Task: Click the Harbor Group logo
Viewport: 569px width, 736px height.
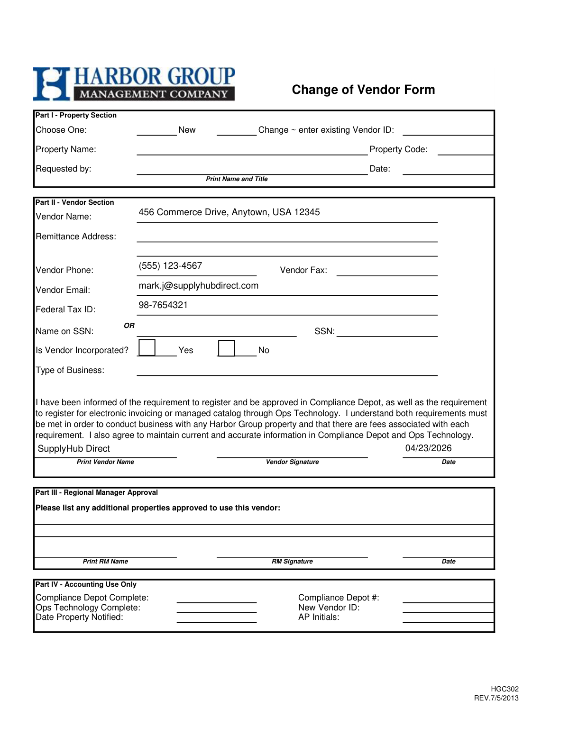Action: [134, 84]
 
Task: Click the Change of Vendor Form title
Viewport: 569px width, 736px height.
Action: [363, 90]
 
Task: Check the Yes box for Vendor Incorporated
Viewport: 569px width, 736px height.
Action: [147, 348]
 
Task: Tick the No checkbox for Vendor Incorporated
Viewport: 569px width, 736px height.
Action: [226, 348]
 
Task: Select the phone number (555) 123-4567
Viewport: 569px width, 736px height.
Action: [170, 266]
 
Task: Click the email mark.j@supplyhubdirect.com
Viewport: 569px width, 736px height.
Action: [198, 286]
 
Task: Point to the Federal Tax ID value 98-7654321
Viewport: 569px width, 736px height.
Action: [163, 305]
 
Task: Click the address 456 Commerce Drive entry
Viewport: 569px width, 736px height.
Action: [229, 212]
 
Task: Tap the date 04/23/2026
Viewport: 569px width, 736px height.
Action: [428, 448]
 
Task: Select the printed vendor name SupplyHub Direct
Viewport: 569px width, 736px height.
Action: [73, 449]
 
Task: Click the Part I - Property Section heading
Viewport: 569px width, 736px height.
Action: [76, 115]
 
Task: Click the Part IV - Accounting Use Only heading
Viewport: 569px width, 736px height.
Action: [86, 584]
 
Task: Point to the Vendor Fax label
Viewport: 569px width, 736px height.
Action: [303, 270]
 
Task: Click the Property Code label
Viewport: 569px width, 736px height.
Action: [398, 149]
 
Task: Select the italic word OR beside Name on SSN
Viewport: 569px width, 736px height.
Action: [129, 326]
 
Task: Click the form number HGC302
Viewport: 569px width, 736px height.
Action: [505, 689]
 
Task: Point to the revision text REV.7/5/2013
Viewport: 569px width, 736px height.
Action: [496, 698]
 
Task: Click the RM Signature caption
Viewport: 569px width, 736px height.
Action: [292, 562]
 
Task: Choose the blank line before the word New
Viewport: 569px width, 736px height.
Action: [156, 132]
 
